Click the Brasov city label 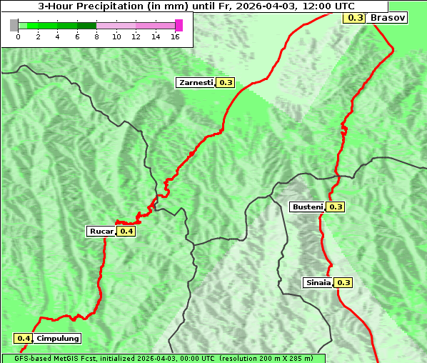click(388, 17)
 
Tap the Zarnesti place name click(196, 83)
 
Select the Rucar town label click(101, 231)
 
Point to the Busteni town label click(308, 207)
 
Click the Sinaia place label click(318, 282)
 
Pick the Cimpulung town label click(57, 338)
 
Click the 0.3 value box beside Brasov click(354, 17)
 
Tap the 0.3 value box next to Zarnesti click(226, 83)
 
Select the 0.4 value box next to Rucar click(126, 231)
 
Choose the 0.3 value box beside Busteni click(336, 207)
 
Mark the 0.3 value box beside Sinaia click(343, 282)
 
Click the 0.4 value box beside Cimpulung click(24, 338)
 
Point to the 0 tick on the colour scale click(18, 36)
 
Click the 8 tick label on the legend click(96, 36)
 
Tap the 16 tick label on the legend click(175, 36)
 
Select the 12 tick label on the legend click(136, 36)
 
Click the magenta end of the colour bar click(179, 25)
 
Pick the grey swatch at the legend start click(14, 25)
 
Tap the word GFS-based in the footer click(29, 358)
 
